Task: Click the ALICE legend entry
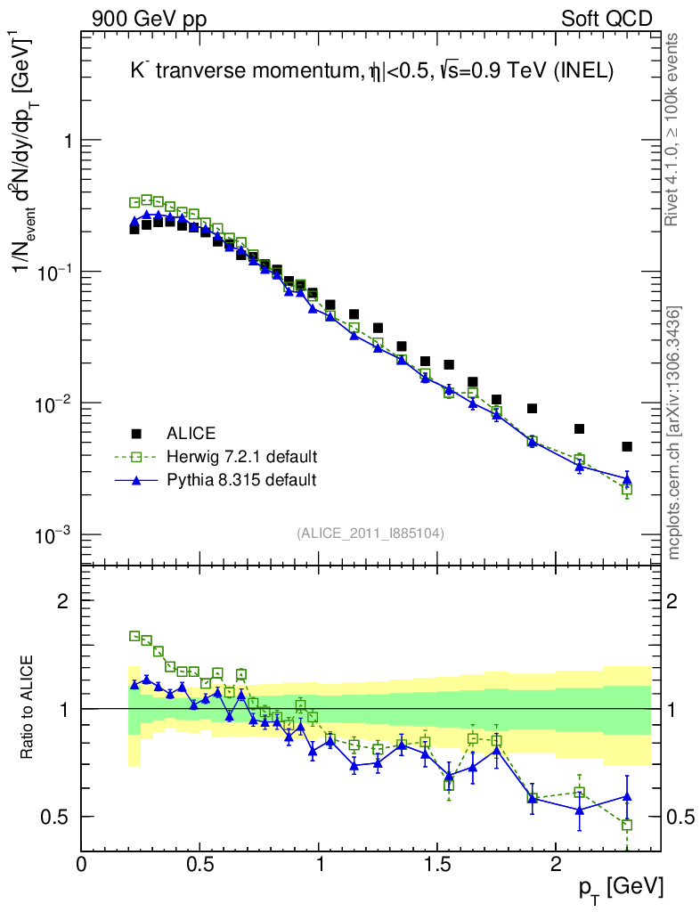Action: coord(191,434)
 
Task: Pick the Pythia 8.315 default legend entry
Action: coord(241,480)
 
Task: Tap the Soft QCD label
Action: coord(606,19)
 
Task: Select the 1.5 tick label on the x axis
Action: coord(436,865)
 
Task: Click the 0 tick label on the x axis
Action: coord(82,865)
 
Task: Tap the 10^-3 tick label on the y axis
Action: coord(53,534)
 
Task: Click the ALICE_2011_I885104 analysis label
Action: coord(370,533)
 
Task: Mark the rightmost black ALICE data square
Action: coord(627,446)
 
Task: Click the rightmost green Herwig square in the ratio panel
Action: coord(627,825)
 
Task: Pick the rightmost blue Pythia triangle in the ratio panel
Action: coord(627,796)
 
